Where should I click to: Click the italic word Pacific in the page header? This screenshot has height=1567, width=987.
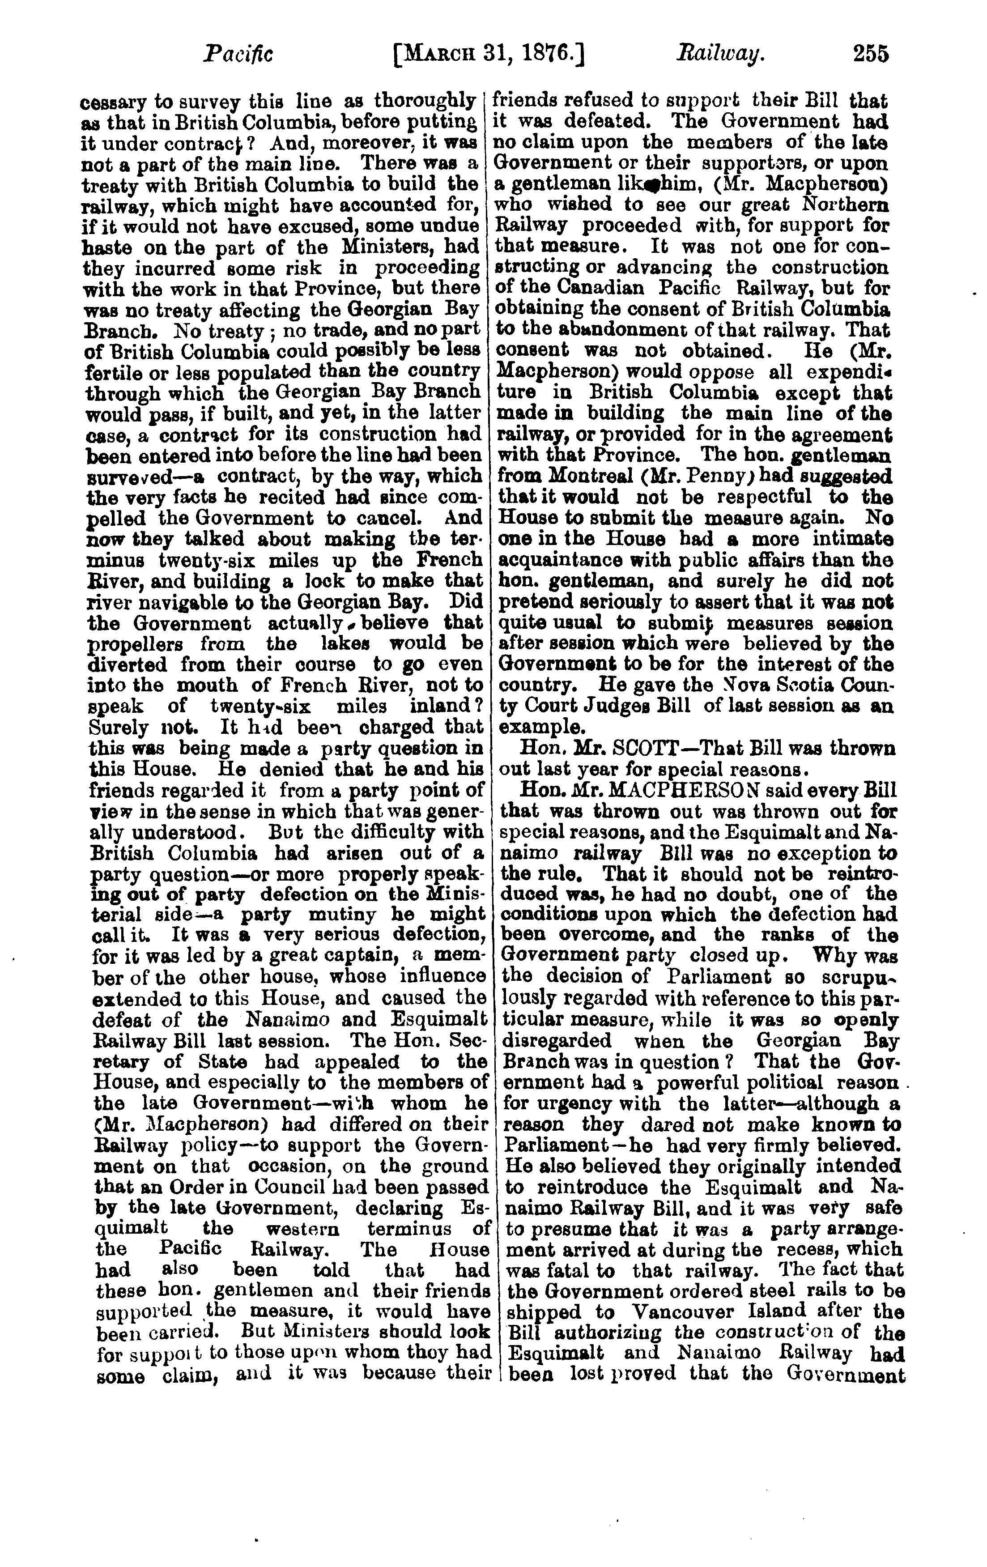238,53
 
